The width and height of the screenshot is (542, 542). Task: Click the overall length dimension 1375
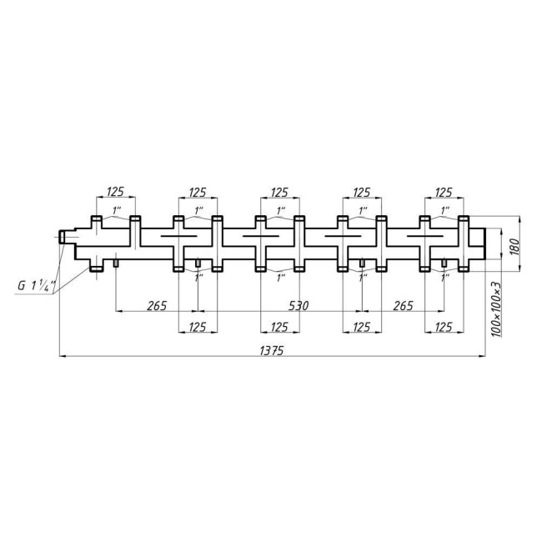[272, 351]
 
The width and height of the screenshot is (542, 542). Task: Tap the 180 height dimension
[514, 246]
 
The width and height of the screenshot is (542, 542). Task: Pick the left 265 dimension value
[157, 306]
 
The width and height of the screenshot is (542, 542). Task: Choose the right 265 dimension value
[402, 306]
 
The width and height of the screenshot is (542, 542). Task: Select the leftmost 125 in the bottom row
[198, 326]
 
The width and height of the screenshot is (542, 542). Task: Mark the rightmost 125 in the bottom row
[444, 326]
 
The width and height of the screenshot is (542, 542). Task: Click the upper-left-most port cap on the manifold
[96, 220]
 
